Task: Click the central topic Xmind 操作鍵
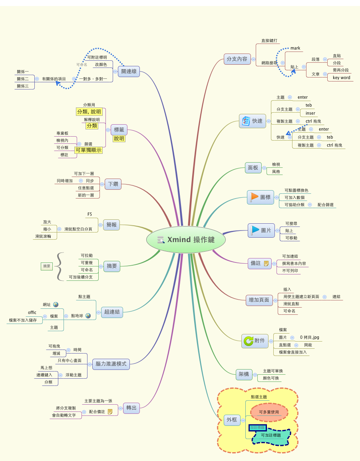[x=186, y=240]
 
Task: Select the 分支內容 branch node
[x=237, y=59]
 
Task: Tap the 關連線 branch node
[x=129, y=72]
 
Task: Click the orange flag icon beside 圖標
[x=255, y=197]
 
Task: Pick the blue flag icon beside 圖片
[x=255, y=230]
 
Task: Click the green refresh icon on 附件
[x=248, y=341]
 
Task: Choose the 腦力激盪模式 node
[x=111, y=364]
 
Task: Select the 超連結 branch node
[x=112, y=312]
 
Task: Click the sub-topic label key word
[x=341, y=77]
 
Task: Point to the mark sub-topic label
[x=295, y=48]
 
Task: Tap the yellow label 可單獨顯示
[x=88, y=150]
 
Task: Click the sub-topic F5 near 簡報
[x=90, y=215]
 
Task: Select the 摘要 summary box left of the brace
[x=47, y=266]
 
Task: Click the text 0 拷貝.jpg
[x=310, y=337]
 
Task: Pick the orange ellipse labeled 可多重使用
[x=269, y=412]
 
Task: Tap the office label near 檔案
[x=32, y=312]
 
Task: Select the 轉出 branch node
[x=131, y=408]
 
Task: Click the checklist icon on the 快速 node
[x=246, y=121]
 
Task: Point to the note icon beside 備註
[x=267, y=263]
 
